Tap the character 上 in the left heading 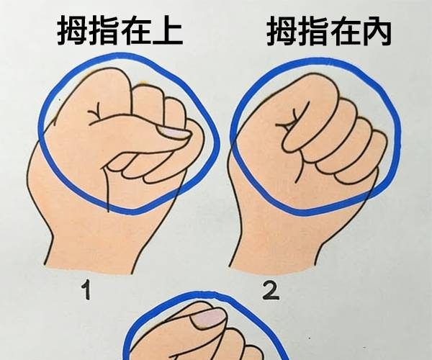(168, 30)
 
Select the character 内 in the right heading (377, 31)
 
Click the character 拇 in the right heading (282, 31)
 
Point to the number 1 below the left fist (86, 289)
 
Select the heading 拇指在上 (120, 30)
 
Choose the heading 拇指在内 (329, 31)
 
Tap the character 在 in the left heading (136, 30)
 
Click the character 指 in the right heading (313, 31)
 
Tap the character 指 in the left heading (104, 30)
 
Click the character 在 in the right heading (345, 31)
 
